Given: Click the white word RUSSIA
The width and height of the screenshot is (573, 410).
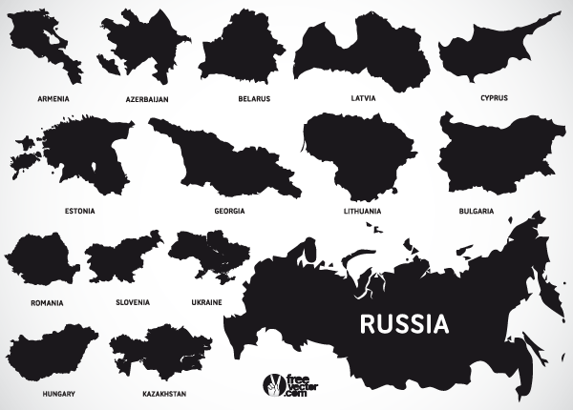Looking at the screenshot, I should [404, 323].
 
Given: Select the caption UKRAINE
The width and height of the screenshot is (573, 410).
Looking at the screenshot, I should [205, 302].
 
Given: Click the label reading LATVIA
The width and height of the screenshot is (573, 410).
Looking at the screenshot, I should [363, 98].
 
